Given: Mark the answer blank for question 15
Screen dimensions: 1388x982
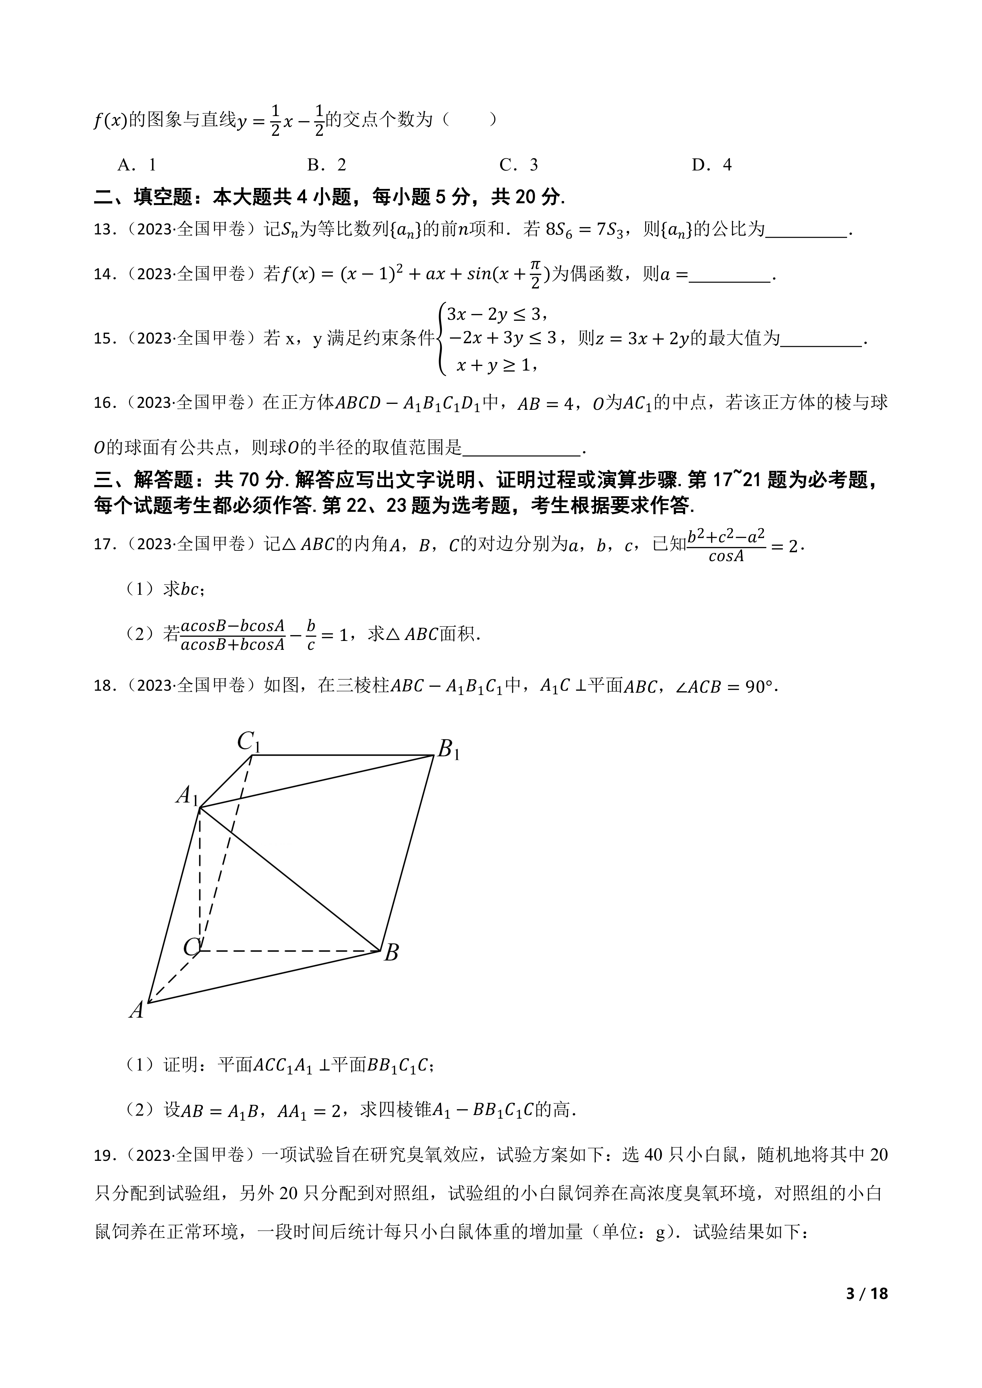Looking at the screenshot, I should click(821, 339).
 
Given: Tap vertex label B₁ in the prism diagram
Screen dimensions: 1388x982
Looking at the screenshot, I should click(448, 750).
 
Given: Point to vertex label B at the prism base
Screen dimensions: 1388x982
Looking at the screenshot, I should click(391, 953).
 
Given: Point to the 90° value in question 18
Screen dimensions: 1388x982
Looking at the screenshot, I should click(759, 687).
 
